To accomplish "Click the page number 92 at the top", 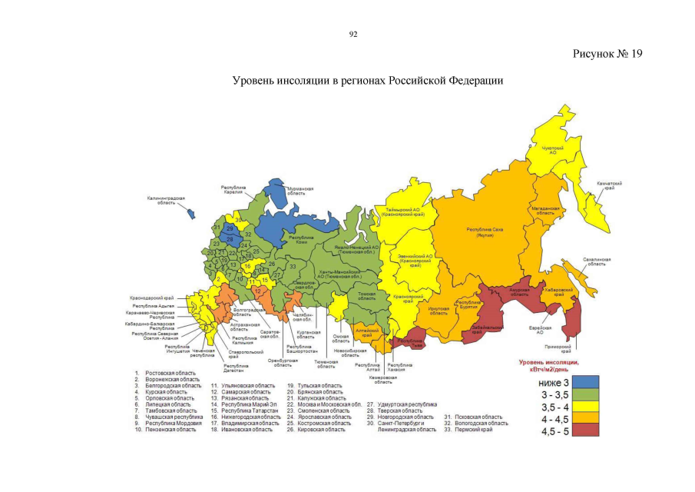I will tap(353, 35).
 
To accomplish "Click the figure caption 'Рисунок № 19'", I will tap(607, 53).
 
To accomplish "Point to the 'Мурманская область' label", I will tap(300, 191).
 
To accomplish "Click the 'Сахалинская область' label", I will tap(596, 261).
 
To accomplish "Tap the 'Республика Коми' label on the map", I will tap(285, 241).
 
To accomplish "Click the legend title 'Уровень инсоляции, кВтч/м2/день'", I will tap(548, 364).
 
